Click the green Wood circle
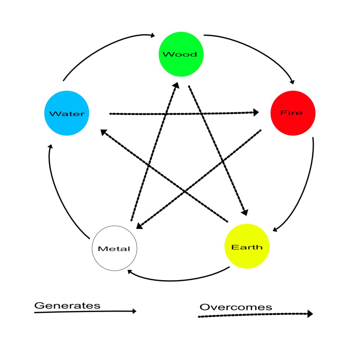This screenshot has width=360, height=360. point(181,54)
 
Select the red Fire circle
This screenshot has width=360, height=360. point(293,113)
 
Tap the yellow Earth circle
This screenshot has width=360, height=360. point(246,246)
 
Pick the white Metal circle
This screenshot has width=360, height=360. point(114,248)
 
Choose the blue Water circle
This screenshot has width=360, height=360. point(67,113)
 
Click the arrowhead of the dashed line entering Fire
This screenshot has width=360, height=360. point(256,112)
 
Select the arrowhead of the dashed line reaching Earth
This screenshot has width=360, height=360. point(245,212)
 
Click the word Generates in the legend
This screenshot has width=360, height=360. point(67,305)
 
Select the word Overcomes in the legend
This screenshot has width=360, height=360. point(236,307)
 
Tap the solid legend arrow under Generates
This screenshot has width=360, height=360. point(84,311)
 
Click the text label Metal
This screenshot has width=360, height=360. point(114,249)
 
